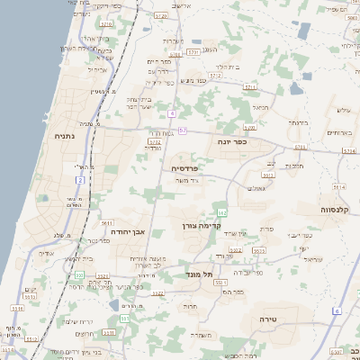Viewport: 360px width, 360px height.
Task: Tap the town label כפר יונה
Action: [232, 141]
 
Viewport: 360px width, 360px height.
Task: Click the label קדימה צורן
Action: [201, 225]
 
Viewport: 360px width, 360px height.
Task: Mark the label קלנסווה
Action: [339, 209]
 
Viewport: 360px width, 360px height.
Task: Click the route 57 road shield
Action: [182, 131]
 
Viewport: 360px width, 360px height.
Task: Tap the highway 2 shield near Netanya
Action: [79, 181]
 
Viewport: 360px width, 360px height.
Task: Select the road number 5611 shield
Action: [106, 222]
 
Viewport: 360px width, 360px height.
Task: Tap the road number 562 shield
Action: [221, 211]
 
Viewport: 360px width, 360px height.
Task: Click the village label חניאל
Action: [261, 107]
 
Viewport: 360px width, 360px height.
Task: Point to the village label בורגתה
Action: [299, 121]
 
